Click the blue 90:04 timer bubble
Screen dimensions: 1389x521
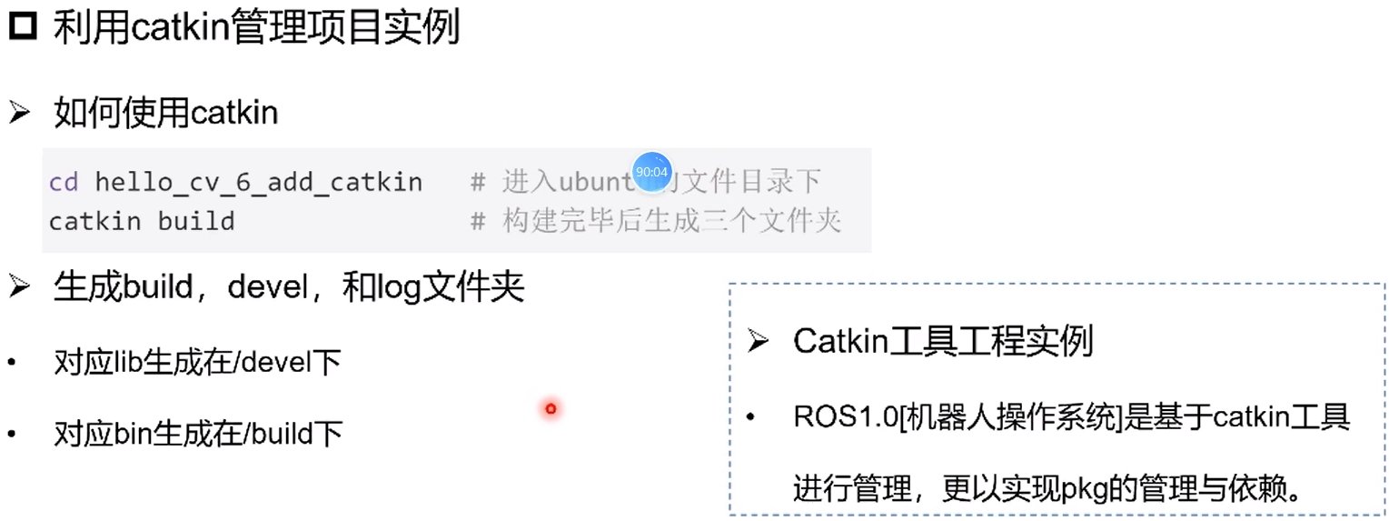point(651,171)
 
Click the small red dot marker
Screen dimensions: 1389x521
point(551,409)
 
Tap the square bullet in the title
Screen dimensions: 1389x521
point(23,27)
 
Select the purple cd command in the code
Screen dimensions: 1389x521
point(63,183)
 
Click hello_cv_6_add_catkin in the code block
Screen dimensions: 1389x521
point(258,183)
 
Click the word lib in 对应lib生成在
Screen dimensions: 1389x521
point(128,363)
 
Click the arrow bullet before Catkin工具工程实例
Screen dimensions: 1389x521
point(759,342)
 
